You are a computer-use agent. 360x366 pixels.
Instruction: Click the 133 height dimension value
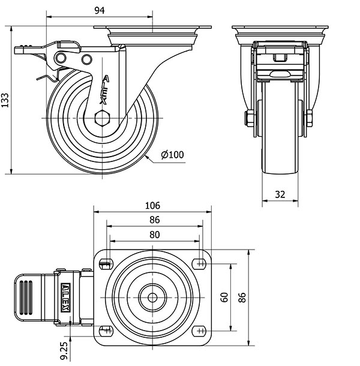coord(5,100)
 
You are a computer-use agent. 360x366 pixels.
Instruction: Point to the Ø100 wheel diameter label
coord(172,155)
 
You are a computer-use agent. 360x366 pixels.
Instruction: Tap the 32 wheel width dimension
coord(280,195)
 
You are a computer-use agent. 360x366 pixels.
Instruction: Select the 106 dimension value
coord(153,206)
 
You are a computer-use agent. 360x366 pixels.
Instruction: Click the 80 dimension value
coord(154,235)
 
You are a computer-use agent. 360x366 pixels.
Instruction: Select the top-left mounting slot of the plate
coord(106,262)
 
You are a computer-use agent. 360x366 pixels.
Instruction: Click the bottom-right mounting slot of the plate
coord(200,329)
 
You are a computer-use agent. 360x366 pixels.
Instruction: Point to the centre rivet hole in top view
coord(152,296)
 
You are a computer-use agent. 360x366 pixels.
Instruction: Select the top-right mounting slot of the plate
coord(200,262)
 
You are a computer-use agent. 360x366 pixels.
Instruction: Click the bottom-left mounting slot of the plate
coord(106,329)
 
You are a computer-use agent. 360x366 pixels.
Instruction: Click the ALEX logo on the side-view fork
coord(105,89)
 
